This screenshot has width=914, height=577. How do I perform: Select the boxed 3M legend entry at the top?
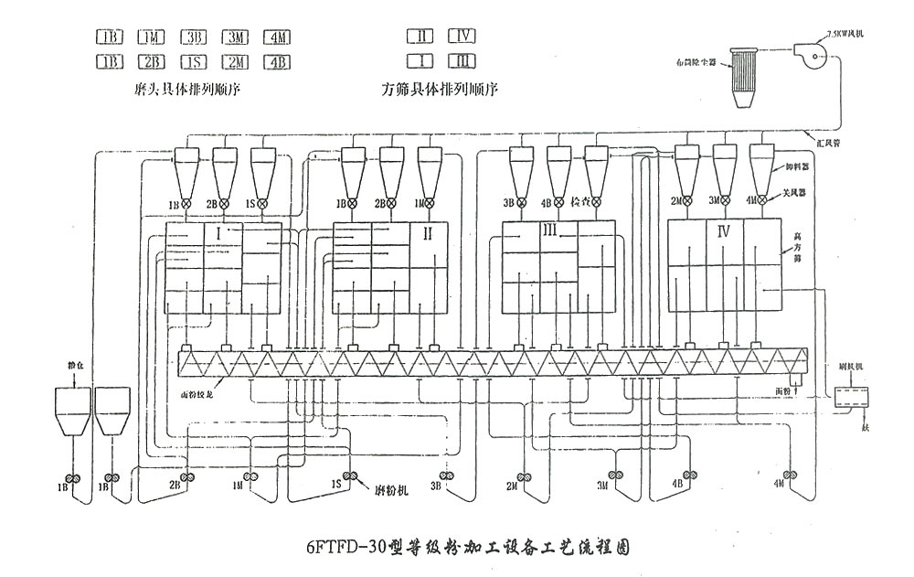click(236, 37)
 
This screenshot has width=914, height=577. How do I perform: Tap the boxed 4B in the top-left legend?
click(277, 62)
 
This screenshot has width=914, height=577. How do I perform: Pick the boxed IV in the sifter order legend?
click(462, 37)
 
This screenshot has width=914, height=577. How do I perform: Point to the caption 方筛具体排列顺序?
click(444, 91)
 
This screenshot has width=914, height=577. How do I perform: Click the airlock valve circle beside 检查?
click(595, 202)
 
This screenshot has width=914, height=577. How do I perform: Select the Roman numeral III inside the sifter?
click(549, 233)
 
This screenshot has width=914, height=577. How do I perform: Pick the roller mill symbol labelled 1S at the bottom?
click(347, 475)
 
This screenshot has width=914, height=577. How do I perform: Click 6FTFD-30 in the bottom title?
click(344, 549)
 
